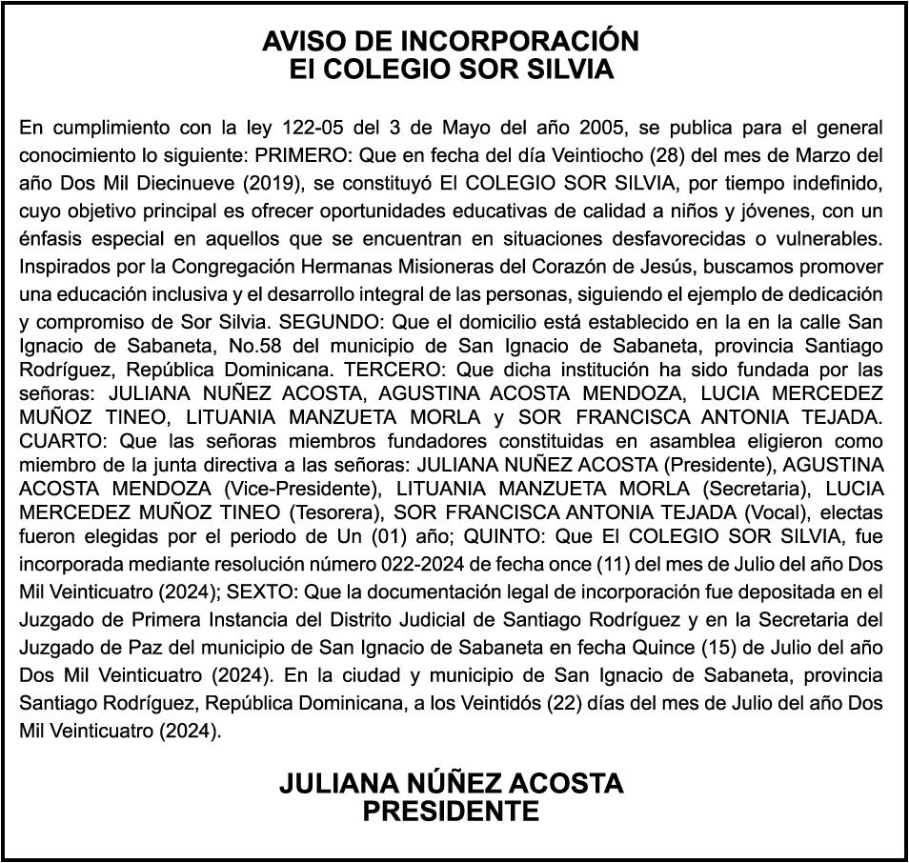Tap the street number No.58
tap(240, 344)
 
